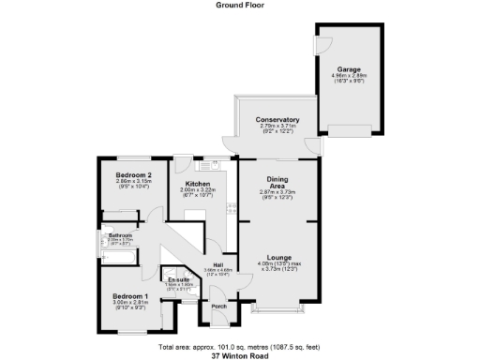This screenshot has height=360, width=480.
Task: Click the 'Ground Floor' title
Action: point(239,5)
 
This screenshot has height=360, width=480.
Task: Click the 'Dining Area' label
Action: point(277,182)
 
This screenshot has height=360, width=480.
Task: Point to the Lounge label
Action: point(277,256)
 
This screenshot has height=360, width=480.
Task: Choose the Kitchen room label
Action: point(197,183)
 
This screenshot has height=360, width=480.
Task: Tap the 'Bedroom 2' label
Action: point(134,174)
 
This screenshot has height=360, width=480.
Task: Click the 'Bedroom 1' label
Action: point(130,295)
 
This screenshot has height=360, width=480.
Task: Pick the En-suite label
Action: point(179,279)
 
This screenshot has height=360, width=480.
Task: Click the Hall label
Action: point(217,265)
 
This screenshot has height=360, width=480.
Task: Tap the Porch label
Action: point(218,307)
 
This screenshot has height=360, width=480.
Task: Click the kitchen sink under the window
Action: point(217,163)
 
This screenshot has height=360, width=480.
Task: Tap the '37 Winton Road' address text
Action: point(240,355)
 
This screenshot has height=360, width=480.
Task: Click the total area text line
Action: point(239,347)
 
